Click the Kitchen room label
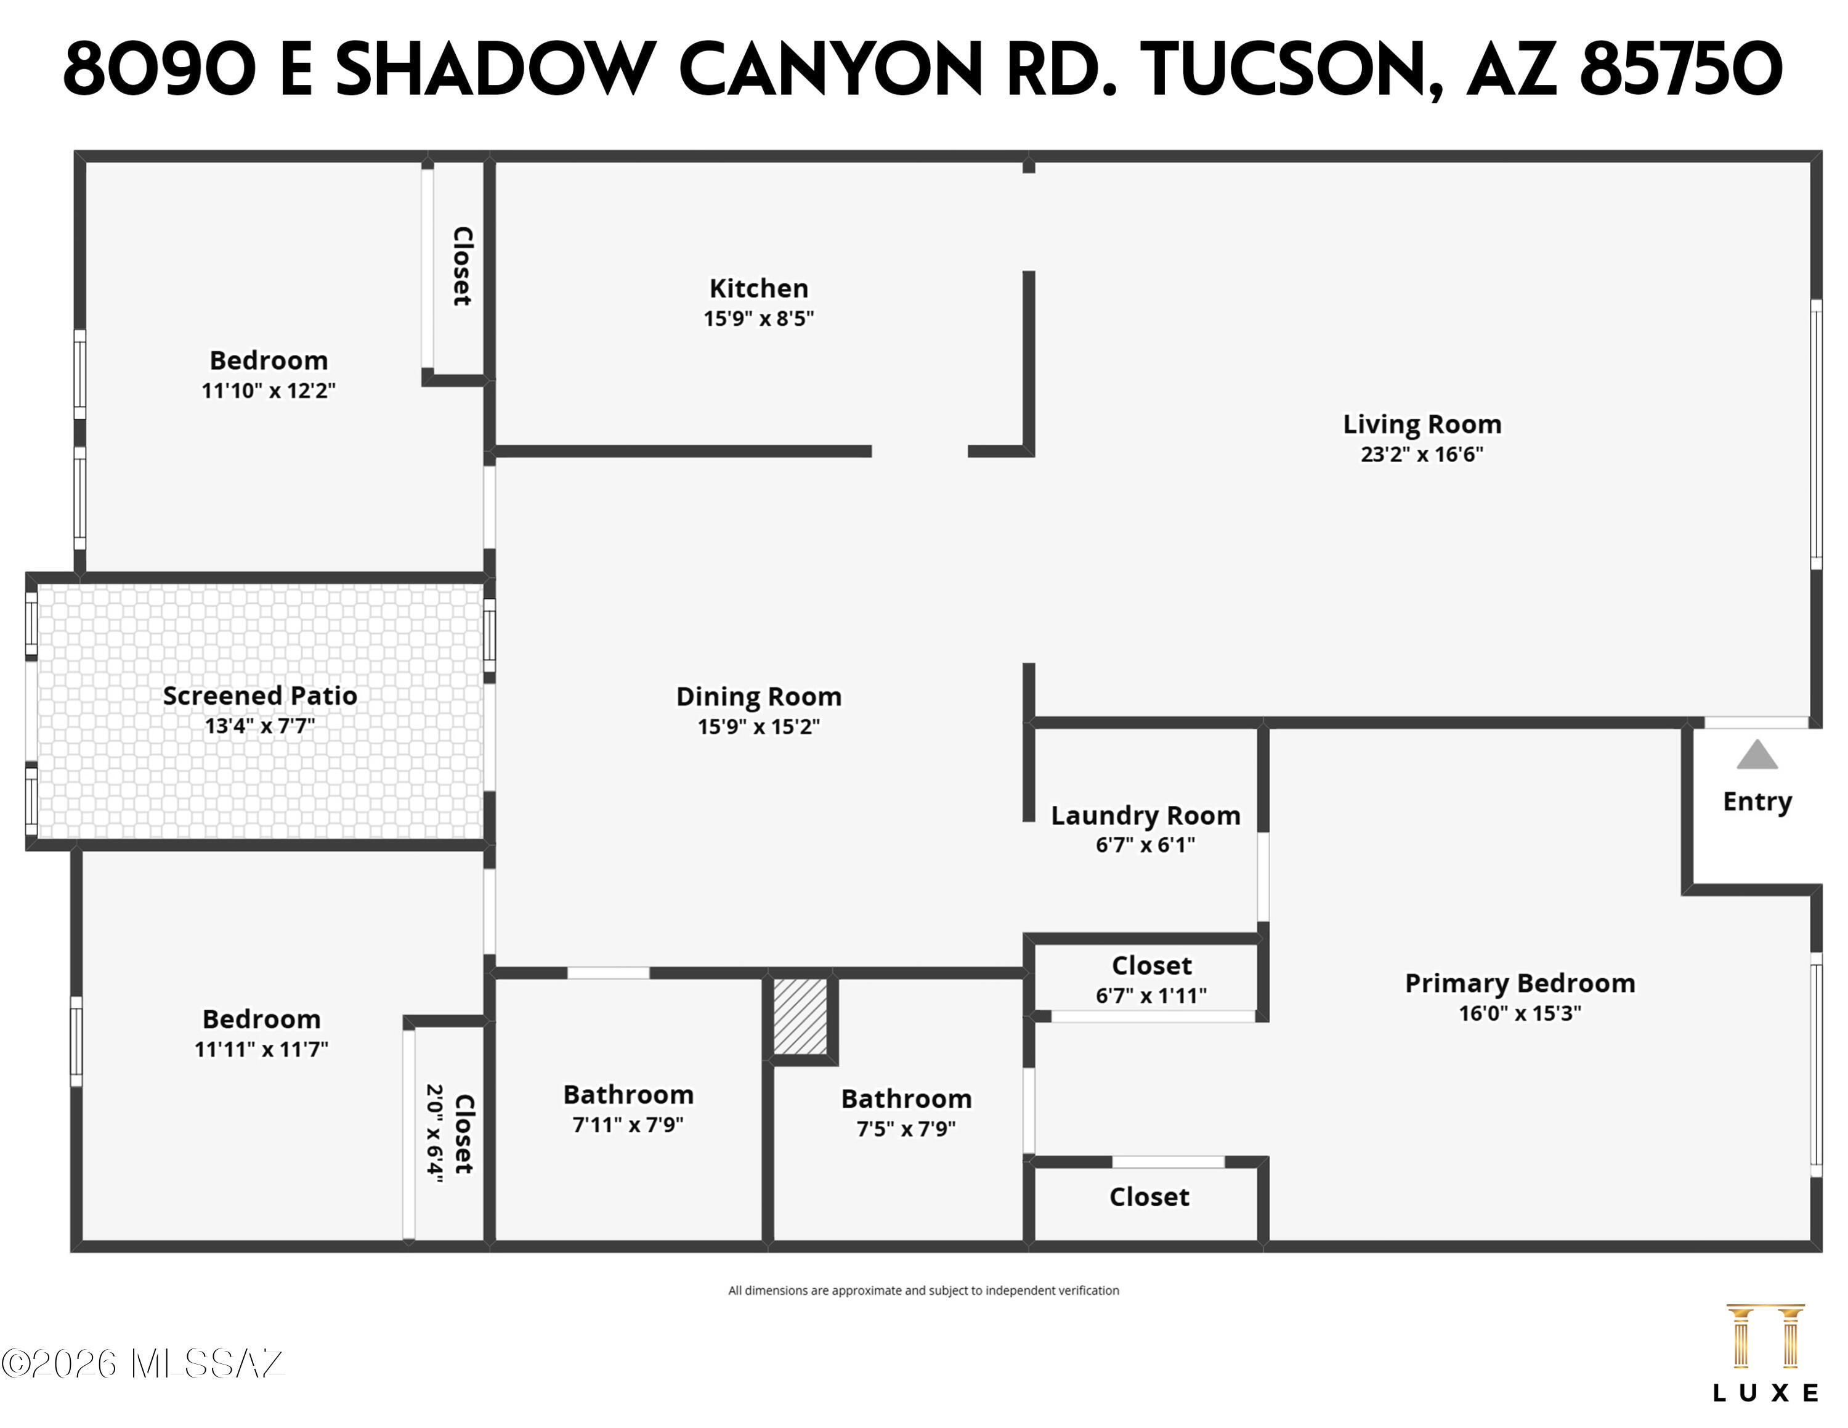coord(758,288)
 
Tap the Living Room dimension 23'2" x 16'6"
coord(1422,454)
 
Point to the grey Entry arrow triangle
coord(1757,755)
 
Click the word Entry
coord(1757,801)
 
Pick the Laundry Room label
coord(1146,816)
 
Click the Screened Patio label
coord(260,696)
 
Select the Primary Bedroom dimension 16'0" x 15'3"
coord(1520,1013)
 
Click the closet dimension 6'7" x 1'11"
coord(1151,996)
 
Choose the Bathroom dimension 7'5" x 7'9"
coord(906,1129)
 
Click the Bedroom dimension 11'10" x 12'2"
coord(268,391)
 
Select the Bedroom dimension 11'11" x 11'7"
coord(261,1049)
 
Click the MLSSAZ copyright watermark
coord(142,1363)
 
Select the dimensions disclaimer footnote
coord(923,1290)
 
